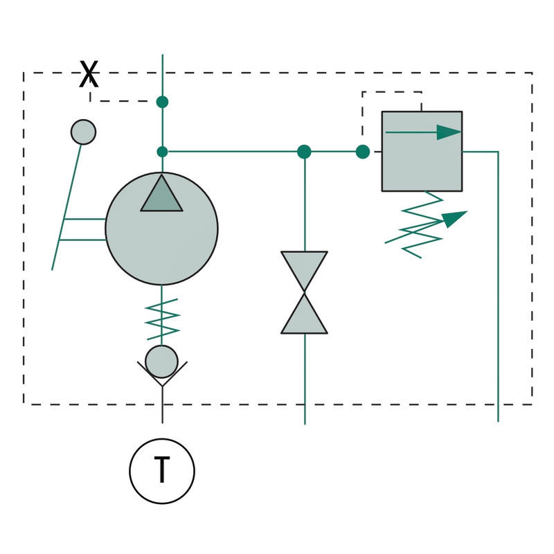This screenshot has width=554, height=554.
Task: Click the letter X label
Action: (x=89, y=74)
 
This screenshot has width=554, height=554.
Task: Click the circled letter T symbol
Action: (x=162, y=471)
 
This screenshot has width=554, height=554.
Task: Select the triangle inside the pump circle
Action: (x=161, y=195)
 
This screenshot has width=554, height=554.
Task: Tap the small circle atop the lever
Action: (x=83, y=132)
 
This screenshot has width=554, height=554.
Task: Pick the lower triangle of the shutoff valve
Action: (x=304, y=316)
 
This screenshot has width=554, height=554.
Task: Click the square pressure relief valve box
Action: (x=422, y=166)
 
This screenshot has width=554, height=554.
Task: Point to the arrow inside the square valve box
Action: (x=422, y=132)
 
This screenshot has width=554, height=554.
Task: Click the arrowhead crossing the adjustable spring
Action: (x=454, y=218)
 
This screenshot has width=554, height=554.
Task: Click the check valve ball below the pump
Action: (x=161, y=361)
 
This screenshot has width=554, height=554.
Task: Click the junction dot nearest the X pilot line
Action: (x=162, y=102)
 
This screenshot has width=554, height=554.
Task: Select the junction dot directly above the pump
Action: (x=162, y=152)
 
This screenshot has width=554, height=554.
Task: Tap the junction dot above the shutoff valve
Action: (x=304, y=152)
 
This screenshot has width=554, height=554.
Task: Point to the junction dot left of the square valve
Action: (x=362, y=152)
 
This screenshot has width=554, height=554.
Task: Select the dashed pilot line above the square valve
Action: (x=391, y=92)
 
